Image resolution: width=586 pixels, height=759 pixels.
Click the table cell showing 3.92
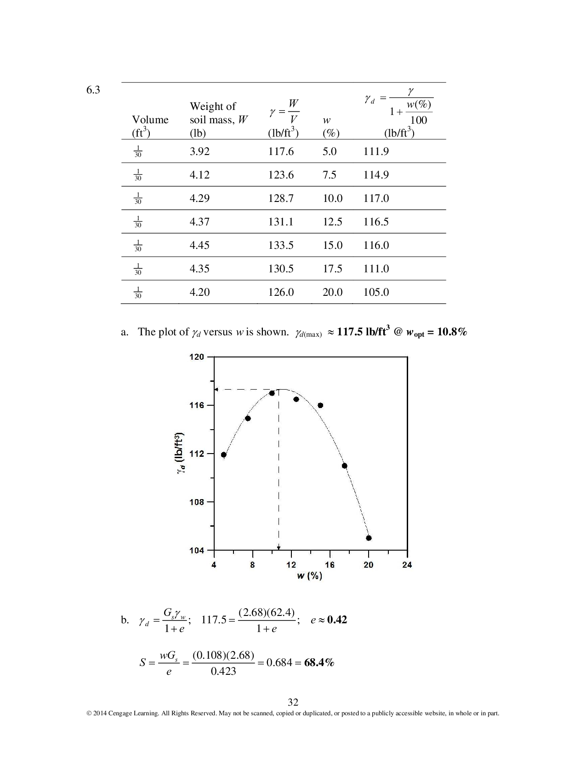click(199, 151)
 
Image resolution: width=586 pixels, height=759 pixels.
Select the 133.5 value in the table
click(281, 245)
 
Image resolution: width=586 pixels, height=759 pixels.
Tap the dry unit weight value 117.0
click(376, 198)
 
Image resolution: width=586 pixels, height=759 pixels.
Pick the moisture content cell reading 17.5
click(332, 269)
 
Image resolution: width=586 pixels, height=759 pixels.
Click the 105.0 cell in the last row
click(376, 292)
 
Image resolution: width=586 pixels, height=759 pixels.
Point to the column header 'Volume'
click(150, 120)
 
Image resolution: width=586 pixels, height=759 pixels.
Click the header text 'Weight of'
click(213, 106)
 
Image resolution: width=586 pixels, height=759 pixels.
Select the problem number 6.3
click(93, 90)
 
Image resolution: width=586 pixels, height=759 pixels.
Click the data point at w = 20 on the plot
click(369, 538)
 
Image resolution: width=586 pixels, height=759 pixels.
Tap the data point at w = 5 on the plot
click(224, 455)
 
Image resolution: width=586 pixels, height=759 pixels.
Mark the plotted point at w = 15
click(320, 405)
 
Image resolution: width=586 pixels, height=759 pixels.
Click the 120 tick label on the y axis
click(196, 357)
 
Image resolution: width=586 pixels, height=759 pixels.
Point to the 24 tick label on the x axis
click(407, 565)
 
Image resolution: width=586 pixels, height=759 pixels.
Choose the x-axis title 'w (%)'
click(309, 576)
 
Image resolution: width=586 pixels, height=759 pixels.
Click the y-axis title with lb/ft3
click(181, 454)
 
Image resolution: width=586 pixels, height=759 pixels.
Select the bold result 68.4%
click(319, 662)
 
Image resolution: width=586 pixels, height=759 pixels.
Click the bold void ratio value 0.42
click(337, 620)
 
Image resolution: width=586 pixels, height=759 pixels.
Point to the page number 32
click(293, 702)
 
